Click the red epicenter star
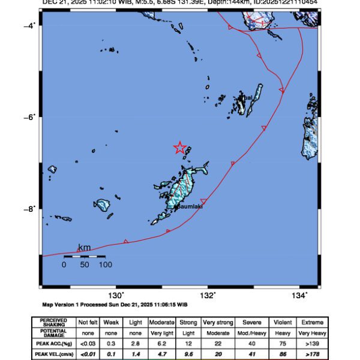(x=180, y=148)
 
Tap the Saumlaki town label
(x=190, y=207)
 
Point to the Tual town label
(x=247, y=97)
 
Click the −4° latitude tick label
(x=29, y=25)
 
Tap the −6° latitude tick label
(x=29, y=117)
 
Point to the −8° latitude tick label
(x=29, y=209)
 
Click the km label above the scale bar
(x=85, y=248)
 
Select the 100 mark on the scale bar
(x=105, y=264)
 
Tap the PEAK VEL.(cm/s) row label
(x=55, y=354)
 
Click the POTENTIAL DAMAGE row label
(x=55, y=333)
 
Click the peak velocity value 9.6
(x=188, y=354)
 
